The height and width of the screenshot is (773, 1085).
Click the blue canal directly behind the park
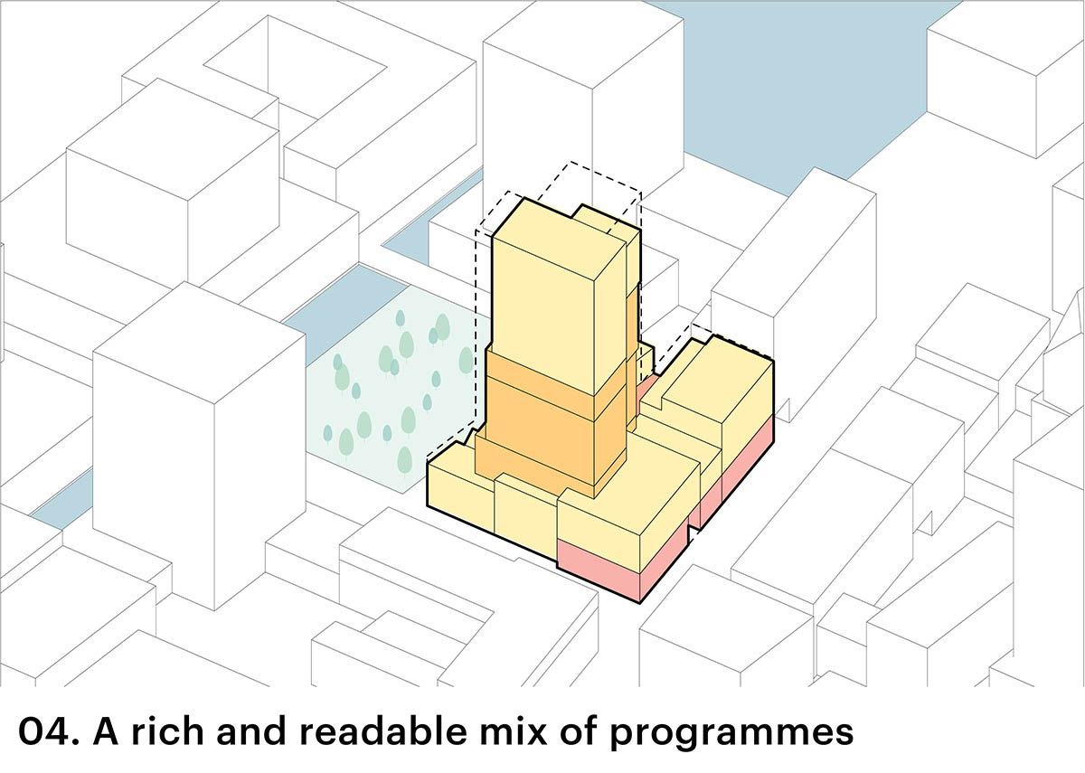click(344, 298)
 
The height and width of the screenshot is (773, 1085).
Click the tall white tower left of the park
click(199, 452)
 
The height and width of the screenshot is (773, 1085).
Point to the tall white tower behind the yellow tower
click(579, 99)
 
